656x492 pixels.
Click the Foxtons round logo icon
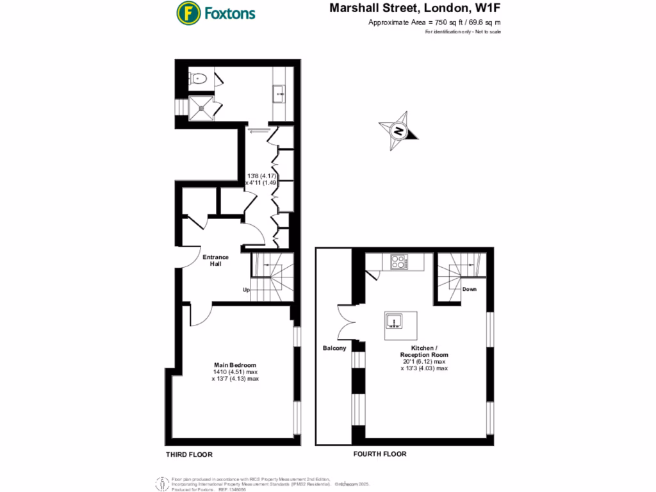187,12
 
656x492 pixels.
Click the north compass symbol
399,131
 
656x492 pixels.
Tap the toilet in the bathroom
198,79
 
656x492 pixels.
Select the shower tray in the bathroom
202,109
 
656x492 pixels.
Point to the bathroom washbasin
280,94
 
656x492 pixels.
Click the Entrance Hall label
216,261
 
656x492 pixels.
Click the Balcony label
334,348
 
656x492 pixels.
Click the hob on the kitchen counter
399,261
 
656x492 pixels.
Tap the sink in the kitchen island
394,320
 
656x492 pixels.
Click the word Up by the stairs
246,290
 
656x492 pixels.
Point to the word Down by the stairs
470,290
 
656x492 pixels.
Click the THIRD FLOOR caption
189,454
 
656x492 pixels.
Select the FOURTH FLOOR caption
380,454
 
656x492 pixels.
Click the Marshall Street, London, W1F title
415,8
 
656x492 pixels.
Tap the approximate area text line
434,23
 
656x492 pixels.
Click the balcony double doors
348,318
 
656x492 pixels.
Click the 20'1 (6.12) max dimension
424,361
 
